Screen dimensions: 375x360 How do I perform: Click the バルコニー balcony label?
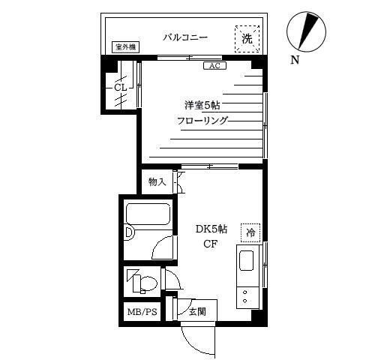pos(185,37)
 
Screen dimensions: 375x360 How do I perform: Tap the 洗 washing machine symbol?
pos(247,39)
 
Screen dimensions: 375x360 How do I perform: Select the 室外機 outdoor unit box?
pos(125,47)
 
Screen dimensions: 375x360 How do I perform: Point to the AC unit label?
pos(215,66)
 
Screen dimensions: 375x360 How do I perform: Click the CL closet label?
pos(120,88)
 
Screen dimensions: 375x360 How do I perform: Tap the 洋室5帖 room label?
pos(202,105)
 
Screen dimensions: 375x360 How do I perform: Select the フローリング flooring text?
pos(202,121)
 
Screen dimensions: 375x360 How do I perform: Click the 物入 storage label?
pos(157,181)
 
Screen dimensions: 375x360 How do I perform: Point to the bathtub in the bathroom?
pos(148,214)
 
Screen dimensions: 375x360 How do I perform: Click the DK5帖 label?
pos(211,229)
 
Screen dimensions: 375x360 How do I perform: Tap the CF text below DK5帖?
pos(211,244)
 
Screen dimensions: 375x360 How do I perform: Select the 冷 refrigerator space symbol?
pos(250,232)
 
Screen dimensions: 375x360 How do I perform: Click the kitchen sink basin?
pos(247,261)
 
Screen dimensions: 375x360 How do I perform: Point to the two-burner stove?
pos(247,298)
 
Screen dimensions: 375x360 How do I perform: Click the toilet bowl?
pos(145,283)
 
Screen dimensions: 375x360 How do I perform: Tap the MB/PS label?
pos(142,312)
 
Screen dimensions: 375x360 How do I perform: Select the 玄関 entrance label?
pos(197,311)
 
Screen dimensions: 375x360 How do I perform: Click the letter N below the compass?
pos(295,60)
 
